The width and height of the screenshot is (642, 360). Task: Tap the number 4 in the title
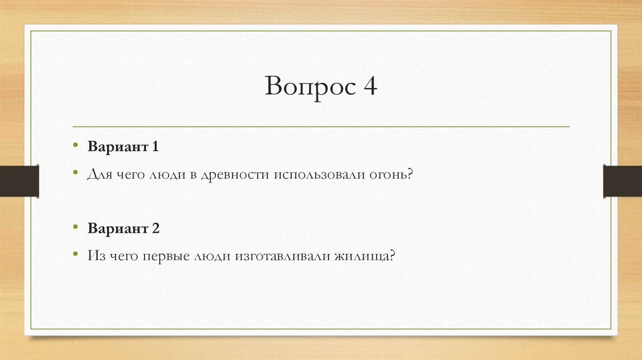coord(369,86)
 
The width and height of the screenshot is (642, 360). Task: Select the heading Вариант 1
coord(124,147)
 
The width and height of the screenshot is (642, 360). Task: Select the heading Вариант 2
coord(124,229)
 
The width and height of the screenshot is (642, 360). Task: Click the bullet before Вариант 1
coord(75,147)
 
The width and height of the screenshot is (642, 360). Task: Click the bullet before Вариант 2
coord(75,228)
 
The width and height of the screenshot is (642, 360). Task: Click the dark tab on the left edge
coord(19,181)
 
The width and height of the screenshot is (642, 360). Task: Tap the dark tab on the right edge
coord(622,181)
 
